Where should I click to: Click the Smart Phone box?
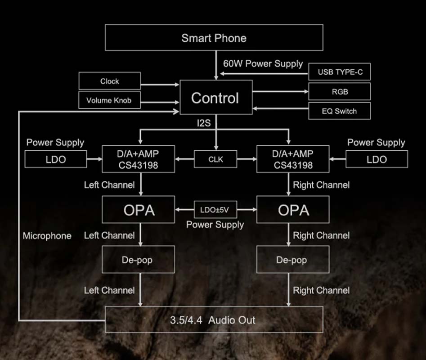coord(214,37)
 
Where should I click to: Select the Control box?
coord(215,98)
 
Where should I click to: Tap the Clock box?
coord(109,81)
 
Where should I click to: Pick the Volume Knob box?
coord(109,100)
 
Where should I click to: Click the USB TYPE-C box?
coord(340,72)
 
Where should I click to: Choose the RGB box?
coord(340,92)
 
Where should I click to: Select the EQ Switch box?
coord(340,111)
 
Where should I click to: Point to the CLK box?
coord(215,159)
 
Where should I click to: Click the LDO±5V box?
coord(215,210)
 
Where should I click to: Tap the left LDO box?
coord(56,159)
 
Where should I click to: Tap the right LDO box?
coord(377,159)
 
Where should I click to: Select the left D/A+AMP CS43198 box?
coord(138,159)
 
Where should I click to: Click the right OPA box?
coord(293,210)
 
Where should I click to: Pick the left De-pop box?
coord(138,260)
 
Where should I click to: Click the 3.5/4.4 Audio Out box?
coord(214,320)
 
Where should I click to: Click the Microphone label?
coord(47,236)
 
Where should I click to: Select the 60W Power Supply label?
coord(263,63)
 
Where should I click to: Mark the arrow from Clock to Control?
coord(160,84)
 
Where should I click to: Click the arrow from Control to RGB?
coord(280,92)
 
